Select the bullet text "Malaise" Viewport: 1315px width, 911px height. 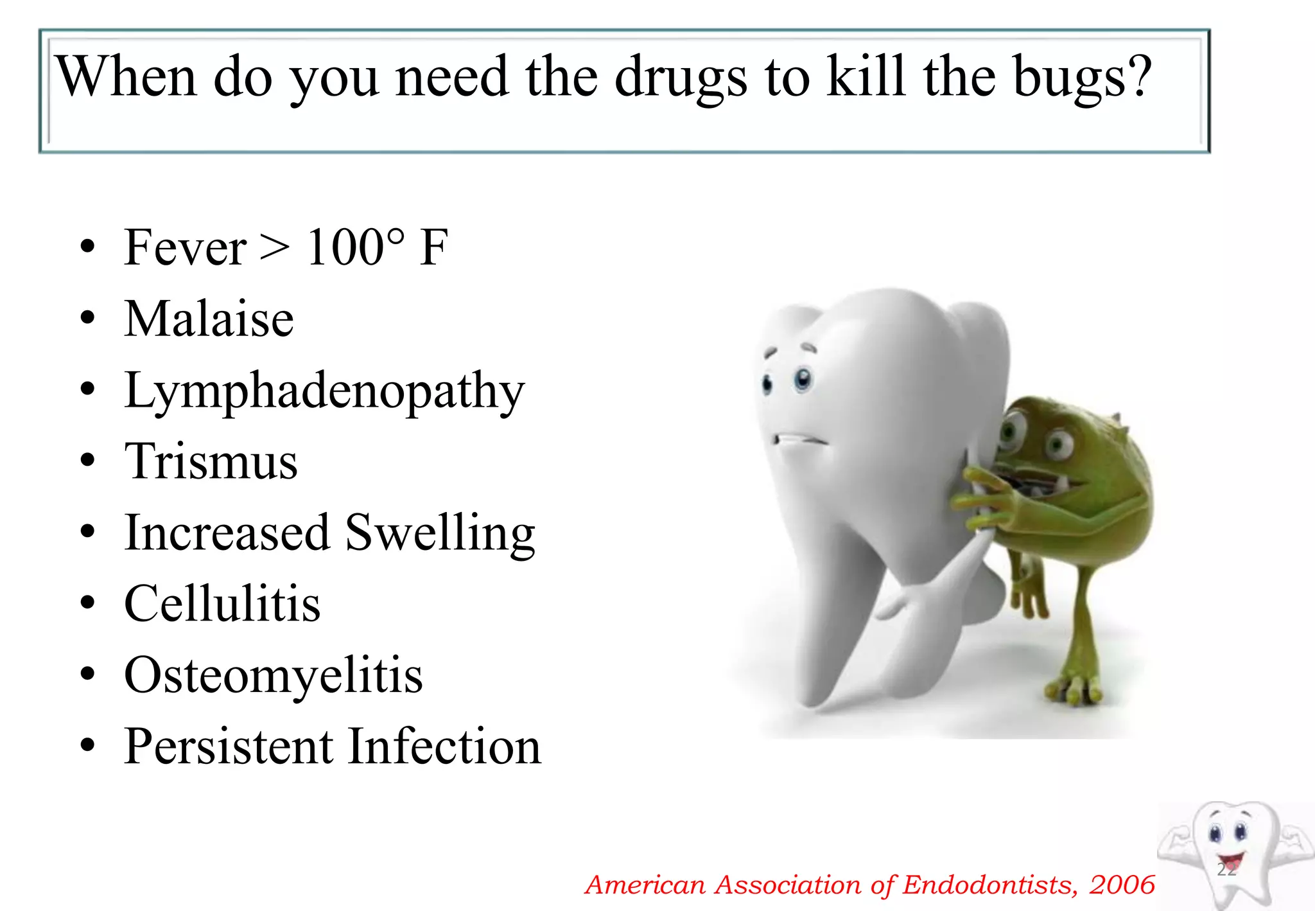coord(209,319)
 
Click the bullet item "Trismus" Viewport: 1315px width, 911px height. coord(211,461)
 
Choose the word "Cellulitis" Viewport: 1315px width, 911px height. coord(222,604)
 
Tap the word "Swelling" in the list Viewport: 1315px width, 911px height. coord(440,534)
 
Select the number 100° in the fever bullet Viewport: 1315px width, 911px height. coord(355,247)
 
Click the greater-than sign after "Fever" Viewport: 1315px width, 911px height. coord(275,247)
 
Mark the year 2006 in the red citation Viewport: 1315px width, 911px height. coord(1122,885)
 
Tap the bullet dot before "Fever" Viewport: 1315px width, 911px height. coord(88,247)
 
